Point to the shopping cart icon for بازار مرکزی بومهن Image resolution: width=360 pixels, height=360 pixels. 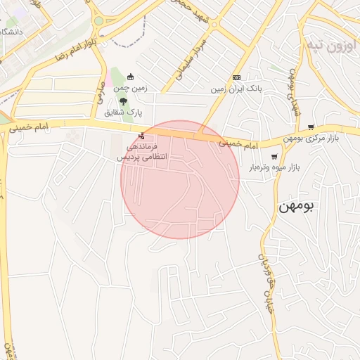[x=311, y=127]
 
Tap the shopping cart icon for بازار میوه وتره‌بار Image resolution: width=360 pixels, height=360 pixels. [x=274, y=156]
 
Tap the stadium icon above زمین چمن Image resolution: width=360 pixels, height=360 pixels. [x=129, y=77]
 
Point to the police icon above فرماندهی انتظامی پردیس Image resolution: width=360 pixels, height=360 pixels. [x=141, y=136]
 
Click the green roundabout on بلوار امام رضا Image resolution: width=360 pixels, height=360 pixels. [x=98, y=21]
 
